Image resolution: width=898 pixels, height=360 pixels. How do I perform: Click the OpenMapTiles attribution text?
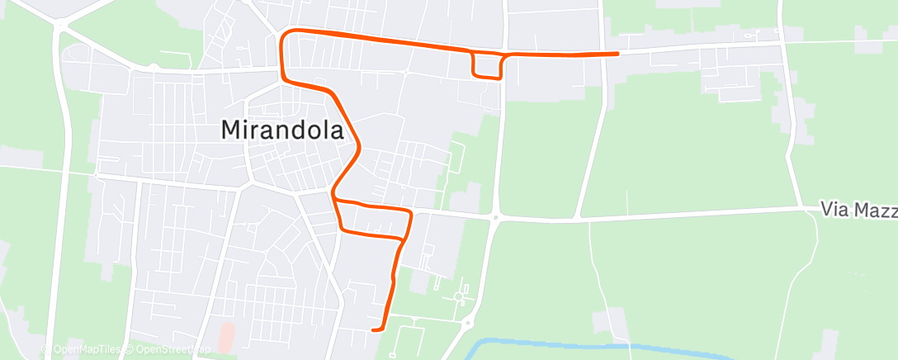(x=85, y=349)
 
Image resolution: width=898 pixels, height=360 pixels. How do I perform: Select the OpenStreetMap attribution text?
(x=168, y=349)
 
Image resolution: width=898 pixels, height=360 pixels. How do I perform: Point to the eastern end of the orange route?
(x=618, y=53)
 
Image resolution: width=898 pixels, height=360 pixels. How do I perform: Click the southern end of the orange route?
(x=374, y=330)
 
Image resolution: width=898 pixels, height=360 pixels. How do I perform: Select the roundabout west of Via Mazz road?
(x=495, y=218)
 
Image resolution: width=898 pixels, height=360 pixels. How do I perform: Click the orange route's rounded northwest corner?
(x=286, y=35)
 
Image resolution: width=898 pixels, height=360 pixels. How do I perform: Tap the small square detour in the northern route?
(x=487, y=65)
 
